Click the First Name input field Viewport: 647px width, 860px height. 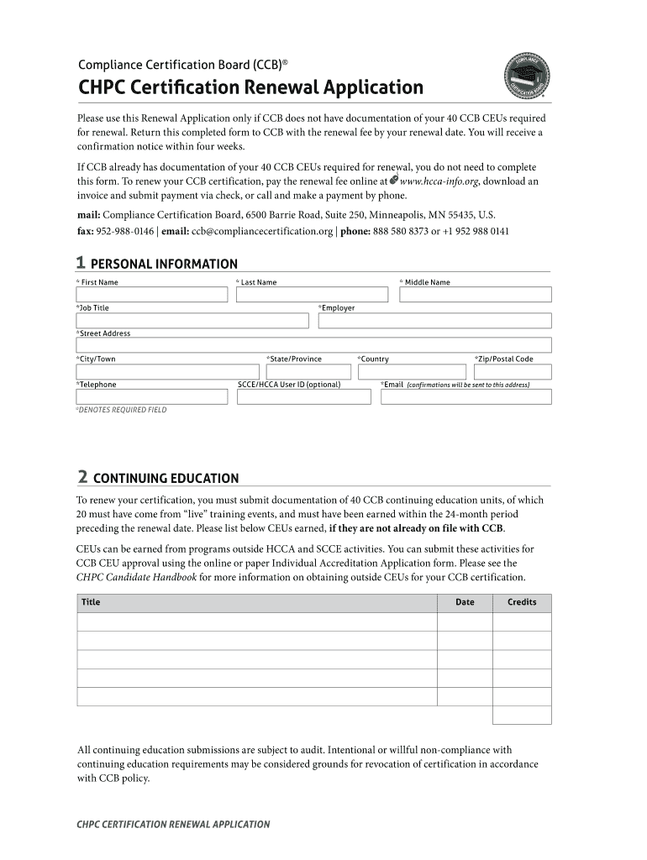[x=152, y=295]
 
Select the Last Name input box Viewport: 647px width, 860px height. [x=312, y=295]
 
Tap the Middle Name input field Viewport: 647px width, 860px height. [x=476, y=295]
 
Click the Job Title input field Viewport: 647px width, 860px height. [x=192, y=321]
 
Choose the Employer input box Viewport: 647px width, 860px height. [x=434, y=321]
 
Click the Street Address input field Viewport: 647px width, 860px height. [x=313, y=345]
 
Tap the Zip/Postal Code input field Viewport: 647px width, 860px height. [x=512, y=371]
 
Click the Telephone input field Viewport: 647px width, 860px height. [x=152, y=396]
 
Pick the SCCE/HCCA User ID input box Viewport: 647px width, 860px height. [x=303, y=396]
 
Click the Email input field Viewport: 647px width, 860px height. [x=466, y=396]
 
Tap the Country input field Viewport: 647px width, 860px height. [x=411, y=371]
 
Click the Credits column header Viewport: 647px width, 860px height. [x=521, y=602]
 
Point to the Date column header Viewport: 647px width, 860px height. [x=465, y=602]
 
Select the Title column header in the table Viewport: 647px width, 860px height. [x=90, y=602]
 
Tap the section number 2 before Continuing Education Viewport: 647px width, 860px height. [x=82, y=477]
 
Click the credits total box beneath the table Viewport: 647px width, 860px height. [x=521, y=715]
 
